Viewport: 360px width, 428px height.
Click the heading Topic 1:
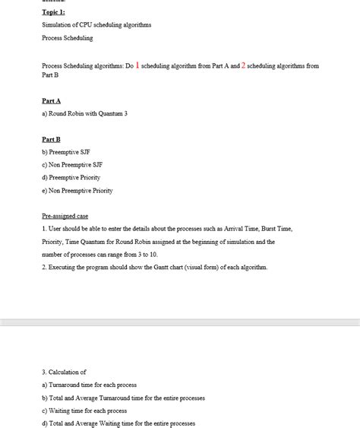[x=53, y=12]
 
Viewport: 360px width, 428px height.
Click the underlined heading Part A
[x=51, y=100]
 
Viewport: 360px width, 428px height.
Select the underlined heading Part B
[x=51, y=140]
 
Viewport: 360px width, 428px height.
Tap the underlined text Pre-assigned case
[x=65, y=216]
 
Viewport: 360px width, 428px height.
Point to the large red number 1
[x=137, y=66]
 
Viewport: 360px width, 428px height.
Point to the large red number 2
[x=243, y=66]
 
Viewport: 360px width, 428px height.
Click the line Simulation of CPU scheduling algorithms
[x=96, y=25]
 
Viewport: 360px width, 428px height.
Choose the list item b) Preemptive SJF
[x=66, y=152]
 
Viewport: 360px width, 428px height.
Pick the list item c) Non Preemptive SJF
[x=72, y=165]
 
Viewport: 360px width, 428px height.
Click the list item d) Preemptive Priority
[x=71, y=177]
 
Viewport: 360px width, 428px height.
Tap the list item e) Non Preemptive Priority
[x=77, y=190]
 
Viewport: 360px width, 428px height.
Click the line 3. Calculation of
[x=64, y=372]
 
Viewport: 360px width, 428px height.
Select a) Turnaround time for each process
[x=89, y=385]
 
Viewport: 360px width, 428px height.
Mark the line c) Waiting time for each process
[x=84, y=411]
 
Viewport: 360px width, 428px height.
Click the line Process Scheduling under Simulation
[x=68, y=37]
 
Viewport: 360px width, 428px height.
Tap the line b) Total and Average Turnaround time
[x=123, y=398]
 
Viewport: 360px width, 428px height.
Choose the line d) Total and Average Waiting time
[x=118, y=423]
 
